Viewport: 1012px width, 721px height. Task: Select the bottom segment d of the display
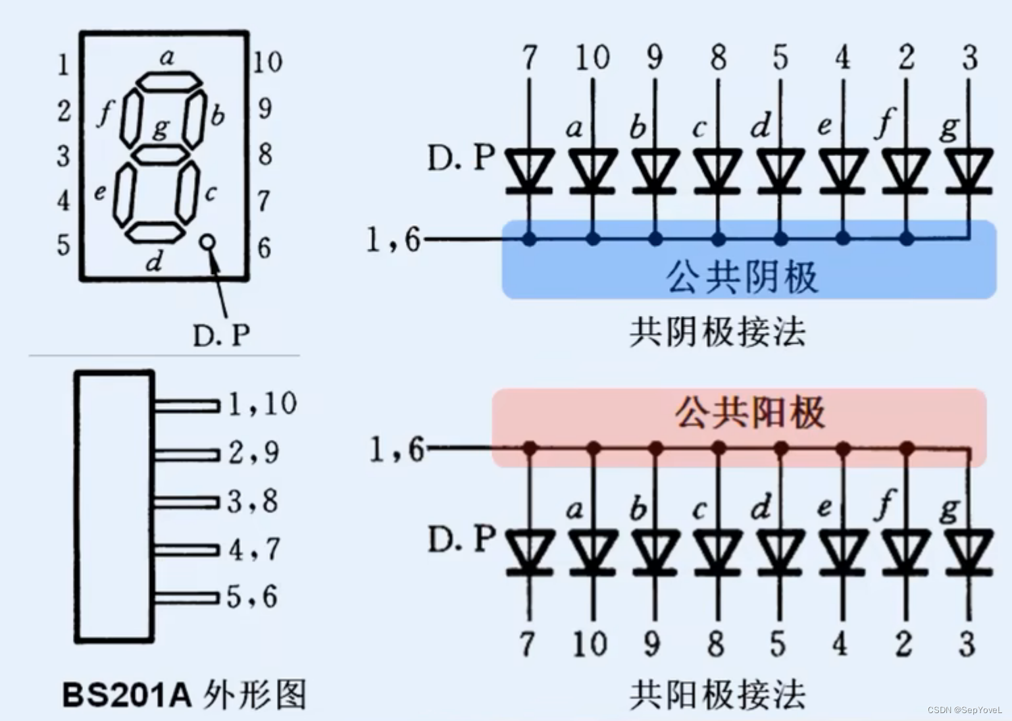coord(155,232)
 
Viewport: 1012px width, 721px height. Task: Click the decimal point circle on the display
coord(208,242)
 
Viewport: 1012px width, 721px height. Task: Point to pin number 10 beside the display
coord(267,63)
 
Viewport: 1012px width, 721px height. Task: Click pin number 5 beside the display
coord(63,245)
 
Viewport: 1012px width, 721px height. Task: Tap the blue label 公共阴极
coord(742,277)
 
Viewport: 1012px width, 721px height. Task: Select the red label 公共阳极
coord(749,414)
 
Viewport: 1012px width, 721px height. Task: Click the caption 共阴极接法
coord(717,331)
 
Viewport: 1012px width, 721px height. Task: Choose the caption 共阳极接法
coord(717,695)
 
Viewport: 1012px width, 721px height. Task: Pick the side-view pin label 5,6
coord(252,597)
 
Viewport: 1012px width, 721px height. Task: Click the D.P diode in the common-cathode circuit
coord(529,170)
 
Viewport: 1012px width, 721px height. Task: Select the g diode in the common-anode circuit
coord(968,550)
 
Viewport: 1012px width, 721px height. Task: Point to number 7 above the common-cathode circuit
coord(530,58)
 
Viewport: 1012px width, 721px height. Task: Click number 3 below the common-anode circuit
coord(967,644)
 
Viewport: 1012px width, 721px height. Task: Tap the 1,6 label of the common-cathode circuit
coord(393,240)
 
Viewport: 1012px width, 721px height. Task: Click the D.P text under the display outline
coord(221,336)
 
